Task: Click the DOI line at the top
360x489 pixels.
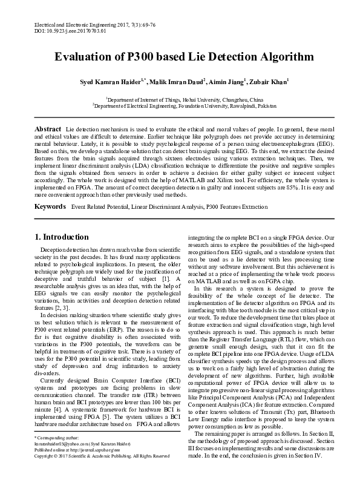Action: (x=67, y=29)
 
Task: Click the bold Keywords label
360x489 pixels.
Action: (x=50, y=207)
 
